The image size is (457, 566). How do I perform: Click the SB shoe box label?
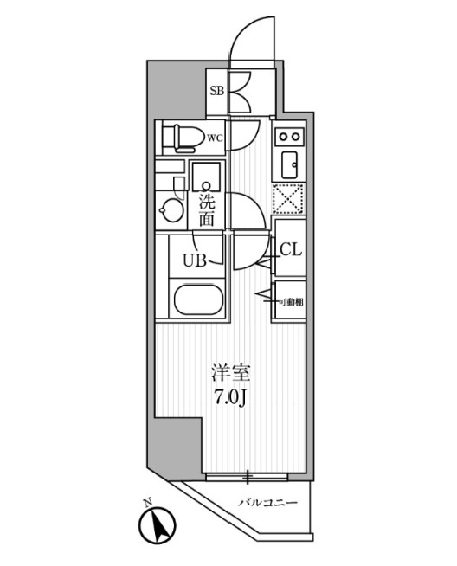tap(217, 91)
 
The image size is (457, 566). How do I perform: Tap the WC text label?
tap(216, 138)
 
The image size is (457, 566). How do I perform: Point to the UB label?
tap(195, 260)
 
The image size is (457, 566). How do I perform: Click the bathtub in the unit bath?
tap(198, 299)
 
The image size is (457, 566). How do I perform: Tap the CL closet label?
tap(291, 249)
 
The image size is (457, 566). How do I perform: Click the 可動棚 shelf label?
tap(291, 302)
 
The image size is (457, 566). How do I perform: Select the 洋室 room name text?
tap(231, 373)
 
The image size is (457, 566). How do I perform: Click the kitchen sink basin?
tap(289, 164)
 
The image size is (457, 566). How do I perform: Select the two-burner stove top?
tap(290, 137)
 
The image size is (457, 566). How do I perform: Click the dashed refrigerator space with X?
tap(287, 199)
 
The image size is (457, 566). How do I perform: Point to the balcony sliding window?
tap(247, 477)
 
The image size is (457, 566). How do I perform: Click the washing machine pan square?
tap(206, 177)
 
